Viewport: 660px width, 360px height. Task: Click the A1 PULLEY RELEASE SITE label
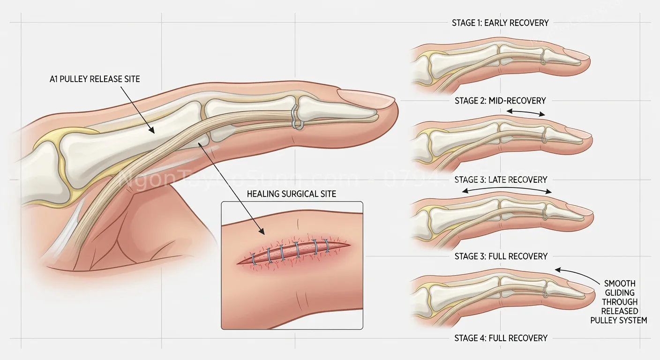(95, 79)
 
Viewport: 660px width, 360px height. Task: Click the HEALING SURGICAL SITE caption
(291, 194)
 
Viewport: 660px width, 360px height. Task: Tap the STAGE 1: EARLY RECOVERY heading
(500, 22)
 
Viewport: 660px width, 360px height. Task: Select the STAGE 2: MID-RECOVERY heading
(500, 100)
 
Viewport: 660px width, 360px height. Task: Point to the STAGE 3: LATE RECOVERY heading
(501, 180)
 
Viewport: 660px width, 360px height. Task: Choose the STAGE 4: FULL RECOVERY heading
(501, 338)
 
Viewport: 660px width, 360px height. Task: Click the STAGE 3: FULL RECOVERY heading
(501, 256)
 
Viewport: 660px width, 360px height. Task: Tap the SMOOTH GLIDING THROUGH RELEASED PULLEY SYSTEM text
(620, 302)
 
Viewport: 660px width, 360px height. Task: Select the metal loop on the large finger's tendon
(296, 117)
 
